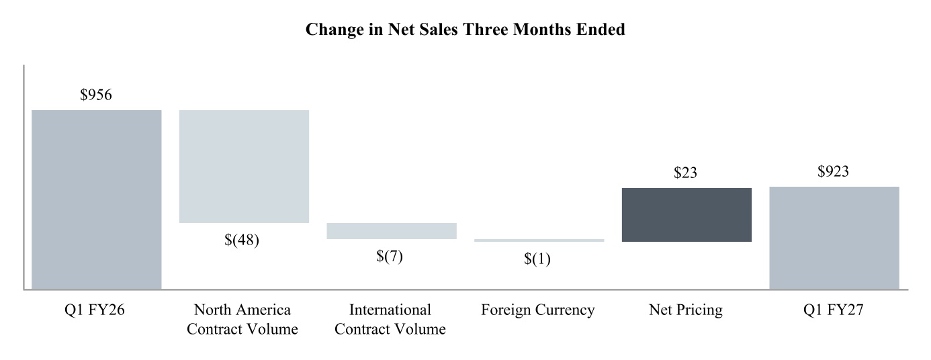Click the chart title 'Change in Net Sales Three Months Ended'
pos(465,30)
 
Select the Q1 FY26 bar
pos(97,199)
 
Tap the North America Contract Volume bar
pos(244,167)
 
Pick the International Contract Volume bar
pos(392,231)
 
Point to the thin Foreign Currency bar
pos(539,240)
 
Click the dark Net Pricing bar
pos(686,215)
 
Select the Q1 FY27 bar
pos(834,238)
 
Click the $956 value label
pos(96,95)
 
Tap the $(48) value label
pos(242,240)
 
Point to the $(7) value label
pos(390,256)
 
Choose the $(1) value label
pos(537,259)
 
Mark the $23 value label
pos(685,173)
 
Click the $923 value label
pos(833,171)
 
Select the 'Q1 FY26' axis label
pos(94,310)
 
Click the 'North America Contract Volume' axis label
pos(242,319)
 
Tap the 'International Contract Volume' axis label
pos(390,319)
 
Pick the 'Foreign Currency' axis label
pos(538,310)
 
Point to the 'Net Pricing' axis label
pos(686,310)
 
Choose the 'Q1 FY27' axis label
pos(834,310)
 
